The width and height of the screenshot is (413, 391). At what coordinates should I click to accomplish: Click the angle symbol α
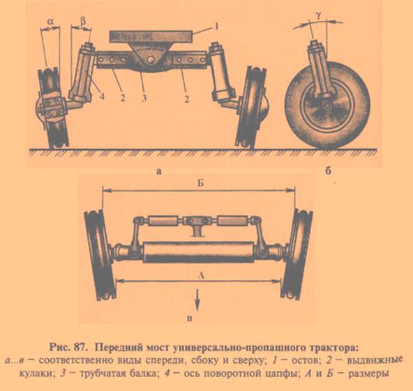coord(50,22)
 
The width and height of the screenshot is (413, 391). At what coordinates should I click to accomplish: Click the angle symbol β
coord(83,21)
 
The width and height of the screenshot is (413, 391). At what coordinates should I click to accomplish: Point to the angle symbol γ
coord(319,17)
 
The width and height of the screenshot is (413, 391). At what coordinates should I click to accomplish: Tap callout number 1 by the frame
coord(216,26)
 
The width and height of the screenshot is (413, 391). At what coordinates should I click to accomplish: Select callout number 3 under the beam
coord(144,98)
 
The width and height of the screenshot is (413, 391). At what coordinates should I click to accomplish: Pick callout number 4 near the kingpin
coord(102,96)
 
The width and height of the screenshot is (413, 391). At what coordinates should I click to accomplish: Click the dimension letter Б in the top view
coord(201,183)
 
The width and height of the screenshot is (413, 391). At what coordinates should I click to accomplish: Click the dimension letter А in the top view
coord(201,275)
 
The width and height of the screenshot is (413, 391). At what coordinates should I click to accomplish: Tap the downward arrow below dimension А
coord(197,298)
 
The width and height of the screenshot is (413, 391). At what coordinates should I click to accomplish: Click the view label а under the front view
coord(158,172)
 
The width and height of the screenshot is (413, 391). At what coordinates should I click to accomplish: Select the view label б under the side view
coord(328,171)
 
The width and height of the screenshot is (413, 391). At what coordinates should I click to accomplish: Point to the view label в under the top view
coord(190,319)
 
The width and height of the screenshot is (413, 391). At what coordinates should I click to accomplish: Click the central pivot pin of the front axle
coord(151,60)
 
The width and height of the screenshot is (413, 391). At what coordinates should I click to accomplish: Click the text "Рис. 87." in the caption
coord(68,348)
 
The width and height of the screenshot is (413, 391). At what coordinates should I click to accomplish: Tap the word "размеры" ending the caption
coord(368,374)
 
